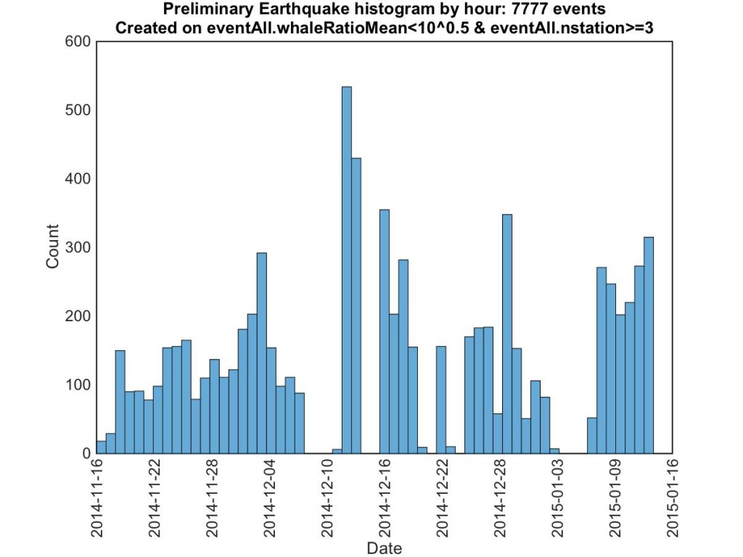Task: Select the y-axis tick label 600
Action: pyautogui.click(x=78, y=41)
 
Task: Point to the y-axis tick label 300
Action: pyautogui.click(x=78, y=247)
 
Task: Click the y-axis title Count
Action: pyautogui.click(x=53, y=247)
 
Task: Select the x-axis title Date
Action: pyautogui.click(x=384, y=548)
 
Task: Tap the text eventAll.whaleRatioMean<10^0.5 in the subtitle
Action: pyautogui.click(x=290, y=29)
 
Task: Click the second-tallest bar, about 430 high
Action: pyautogui.click(x=356, y=305)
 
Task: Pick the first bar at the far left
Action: pyautogui.click(x=101, y=447)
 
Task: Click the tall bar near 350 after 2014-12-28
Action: pyautogui.click(x=507, y=334)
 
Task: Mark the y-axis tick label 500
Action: pyautogui.click(x=78, y=110)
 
